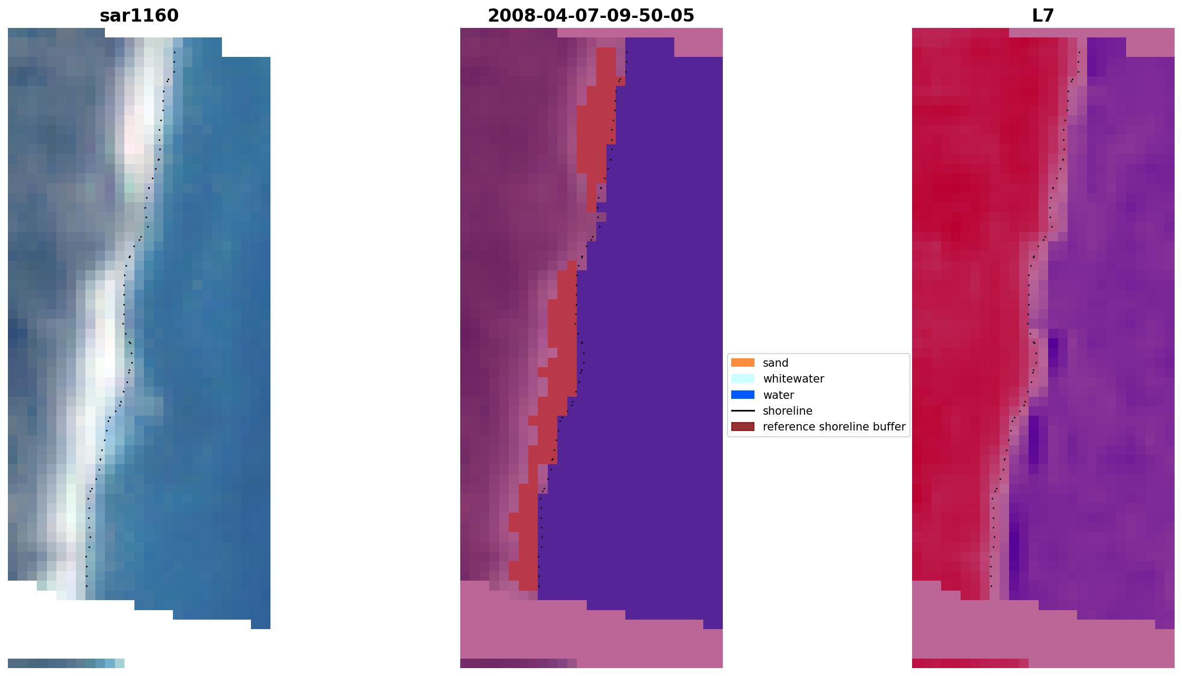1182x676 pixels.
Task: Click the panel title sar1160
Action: pos(139,16)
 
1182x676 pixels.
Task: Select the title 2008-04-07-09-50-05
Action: pos(590,16)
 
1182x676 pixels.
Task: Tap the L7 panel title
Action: pos(1042,16)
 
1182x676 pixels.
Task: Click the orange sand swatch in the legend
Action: pos(742,363)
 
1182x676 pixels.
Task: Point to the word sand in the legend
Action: pos(776,363)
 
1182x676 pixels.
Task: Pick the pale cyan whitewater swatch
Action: pos(742,378)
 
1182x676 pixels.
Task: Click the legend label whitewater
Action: pos(793,379)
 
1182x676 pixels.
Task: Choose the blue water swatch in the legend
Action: pos(742,395)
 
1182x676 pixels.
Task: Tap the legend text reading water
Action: pos(778,395)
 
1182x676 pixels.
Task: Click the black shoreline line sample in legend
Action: pos(742,410)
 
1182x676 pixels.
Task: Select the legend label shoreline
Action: pos(787,411)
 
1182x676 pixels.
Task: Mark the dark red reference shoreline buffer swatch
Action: pos(742,426)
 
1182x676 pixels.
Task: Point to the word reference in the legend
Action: pos(786,427)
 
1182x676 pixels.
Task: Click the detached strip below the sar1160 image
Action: pos(66,663)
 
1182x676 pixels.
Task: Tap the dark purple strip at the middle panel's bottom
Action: pos(518,663)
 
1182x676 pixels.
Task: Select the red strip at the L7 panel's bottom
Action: pos(970,663)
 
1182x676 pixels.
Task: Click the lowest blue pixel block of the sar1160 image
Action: pos(260,624)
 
